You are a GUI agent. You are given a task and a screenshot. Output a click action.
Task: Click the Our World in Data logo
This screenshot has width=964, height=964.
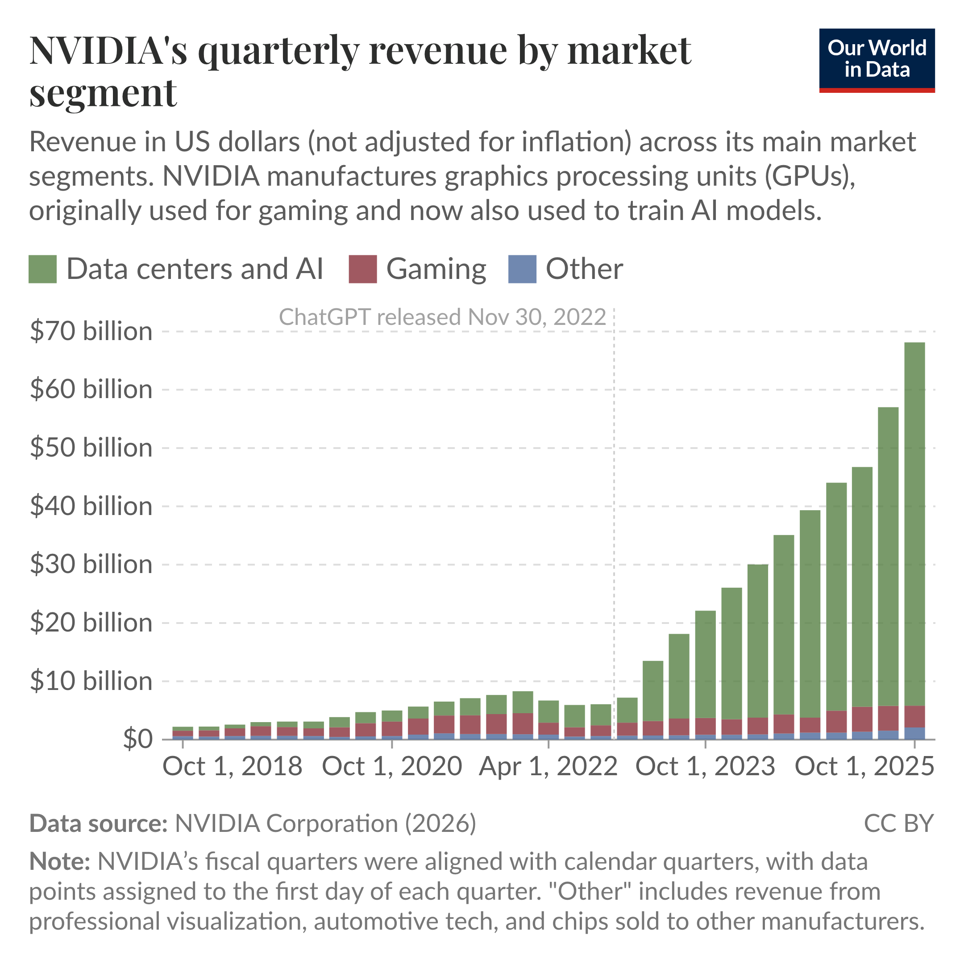(877, 60)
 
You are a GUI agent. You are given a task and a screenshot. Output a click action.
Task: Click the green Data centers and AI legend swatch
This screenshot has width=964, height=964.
(42, 270)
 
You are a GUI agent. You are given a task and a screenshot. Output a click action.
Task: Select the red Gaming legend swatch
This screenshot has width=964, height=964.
(363, 270)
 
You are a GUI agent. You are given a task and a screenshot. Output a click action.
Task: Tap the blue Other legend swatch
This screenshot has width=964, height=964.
(522, 270)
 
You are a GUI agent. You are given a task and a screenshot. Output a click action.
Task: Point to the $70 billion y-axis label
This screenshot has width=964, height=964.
(91, 331)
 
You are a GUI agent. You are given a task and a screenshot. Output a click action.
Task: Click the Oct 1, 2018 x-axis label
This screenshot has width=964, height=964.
(233, 766)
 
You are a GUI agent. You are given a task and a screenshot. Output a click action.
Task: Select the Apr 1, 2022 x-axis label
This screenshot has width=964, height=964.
(548, 766)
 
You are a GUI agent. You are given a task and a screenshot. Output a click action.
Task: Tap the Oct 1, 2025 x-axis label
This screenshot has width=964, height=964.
(864, 766)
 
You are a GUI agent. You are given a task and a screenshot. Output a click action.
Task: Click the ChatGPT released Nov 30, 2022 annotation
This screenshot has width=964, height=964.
(442, 317)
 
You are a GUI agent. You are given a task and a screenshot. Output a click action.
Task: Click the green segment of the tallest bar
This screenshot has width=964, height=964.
(914, 524)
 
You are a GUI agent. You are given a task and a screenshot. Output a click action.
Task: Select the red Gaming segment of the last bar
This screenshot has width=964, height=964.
(914, 716)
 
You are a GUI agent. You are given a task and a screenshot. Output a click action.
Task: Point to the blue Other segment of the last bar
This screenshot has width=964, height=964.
(914, 733)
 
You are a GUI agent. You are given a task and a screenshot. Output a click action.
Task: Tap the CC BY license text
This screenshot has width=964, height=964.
(898, 823)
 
